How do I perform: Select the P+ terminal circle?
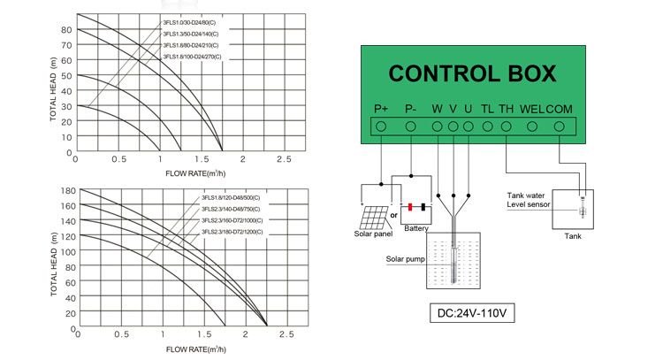pyautogui.click(x=381, y=126)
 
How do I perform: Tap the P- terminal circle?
pyautogui.click(x=411, y=126)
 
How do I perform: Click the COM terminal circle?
pyautogui.click(x=559, y=126)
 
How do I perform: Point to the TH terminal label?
pyautogui.click(x=506, y=109)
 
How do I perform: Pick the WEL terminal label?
pyautogui.click(x=531, y=109)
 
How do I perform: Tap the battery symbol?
pyautogui.click(x=417, y=209)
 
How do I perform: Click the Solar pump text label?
pyautogui.click(x=406, y=260)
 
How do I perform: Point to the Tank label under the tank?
pyautogui.click(x=573, y=237)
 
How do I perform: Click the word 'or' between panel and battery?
pyautogui.click(x=393, y=214)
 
